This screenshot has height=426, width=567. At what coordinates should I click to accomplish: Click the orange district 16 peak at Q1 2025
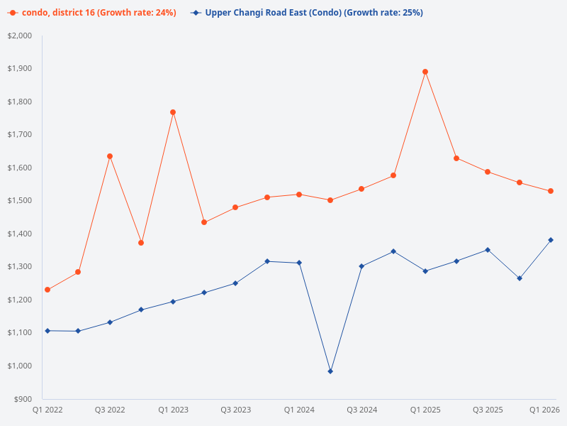coord(425,72)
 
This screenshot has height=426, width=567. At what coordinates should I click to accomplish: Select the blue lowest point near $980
coord(330,371)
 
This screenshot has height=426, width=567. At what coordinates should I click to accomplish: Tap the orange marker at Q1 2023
coord(173,112)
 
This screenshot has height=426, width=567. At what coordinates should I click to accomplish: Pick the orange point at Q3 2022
coord(110,156)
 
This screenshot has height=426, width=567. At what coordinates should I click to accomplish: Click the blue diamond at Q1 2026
coord(551,240)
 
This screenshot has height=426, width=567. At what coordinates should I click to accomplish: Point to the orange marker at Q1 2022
coord(47,290)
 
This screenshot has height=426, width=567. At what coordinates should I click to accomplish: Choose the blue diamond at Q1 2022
coord(47,331)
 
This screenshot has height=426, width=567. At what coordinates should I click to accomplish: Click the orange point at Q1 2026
coord(551,191)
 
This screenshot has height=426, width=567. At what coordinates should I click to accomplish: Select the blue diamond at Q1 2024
coord(299,263)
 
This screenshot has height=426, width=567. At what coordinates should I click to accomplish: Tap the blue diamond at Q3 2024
coord(361,266)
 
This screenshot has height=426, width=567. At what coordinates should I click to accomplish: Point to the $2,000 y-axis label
coord(20,35)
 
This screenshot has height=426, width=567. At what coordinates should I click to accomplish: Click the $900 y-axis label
coord(23,399)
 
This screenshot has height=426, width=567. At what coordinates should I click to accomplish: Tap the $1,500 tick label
coord(20,201)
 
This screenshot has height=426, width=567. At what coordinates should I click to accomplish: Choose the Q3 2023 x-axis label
coord(235,410)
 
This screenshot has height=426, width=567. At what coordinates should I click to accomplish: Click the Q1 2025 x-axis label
coord(425,410)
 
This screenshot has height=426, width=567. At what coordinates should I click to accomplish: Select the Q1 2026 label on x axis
coord(545,410)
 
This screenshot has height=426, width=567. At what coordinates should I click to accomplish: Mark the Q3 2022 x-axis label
coord(110,410)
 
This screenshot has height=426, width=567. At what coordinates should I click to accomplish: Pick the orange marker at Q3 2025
coord(488,172)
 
